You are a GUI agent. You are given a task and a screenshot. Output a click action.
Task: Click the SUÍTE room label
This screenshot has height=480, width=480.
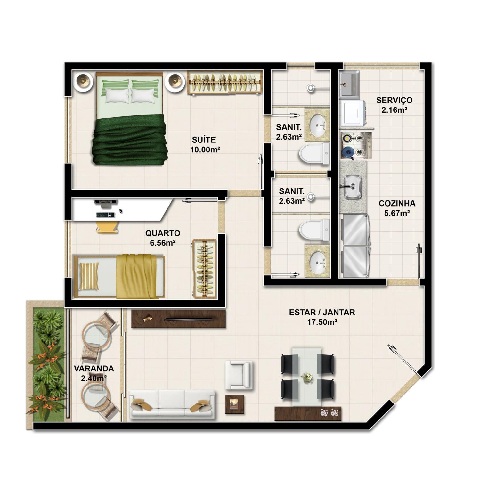(204, 140)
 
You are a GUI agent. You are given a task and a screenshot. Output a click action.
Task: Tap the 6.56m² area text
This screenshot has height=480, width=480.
(162, 243)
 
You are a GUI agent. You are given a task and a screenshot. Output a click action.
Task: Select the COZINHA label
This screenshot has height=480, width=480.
(397, 203)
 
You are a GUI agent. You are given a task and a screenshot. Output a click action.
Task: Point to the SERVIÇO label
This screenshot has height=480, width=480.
(394, 100)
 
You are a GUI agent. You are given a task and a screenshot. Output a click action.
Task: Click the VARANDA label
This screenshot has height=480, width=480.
(94, 369)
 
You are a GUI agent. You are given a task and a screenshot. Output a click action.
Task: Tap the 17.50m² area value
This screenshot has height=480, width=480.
(322, 322)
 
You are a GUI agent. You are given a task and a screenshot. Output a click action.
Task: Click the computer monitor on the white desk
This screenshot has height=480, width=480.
(105, 201)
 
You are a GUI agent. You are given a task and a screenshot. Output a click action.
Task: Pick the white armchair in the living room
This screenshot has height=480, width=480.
(239, 375)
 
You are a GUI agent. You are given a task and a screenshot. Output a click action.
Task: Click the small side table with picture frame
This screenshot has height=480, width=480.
(234, 404)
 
